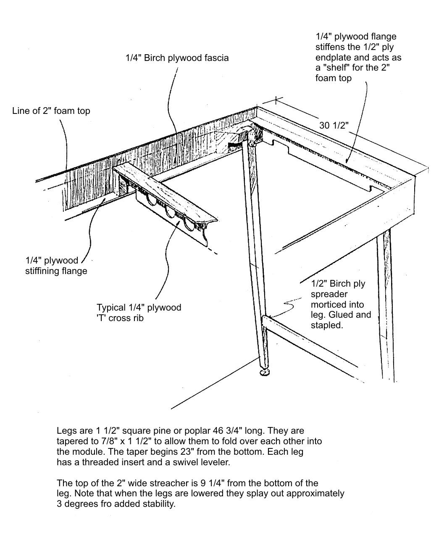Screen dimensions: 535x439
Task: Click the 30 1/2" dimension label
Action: (x=334, y=125)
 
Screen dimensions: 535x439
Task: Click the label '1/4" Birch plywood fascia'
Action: (x=177, y=58)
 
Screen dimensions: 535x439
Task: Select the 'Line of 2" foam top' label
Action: (x=51, y=111)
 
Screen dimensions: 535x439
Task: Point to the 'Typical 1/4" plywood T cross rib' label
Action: (x=139, y=313)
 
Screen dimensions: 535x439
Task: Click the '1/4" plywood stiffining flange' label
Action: (x=56, y=266)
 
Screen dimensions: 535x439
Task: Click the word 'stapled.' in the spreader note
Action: (x=327, y=325)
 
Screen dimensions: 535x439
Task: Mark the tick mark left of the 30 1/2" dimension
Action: (x=276, y=100)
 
